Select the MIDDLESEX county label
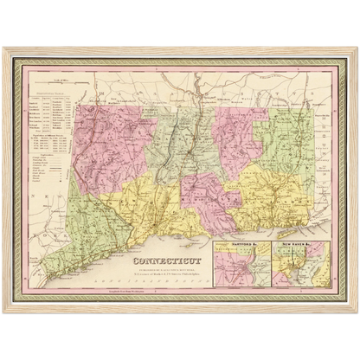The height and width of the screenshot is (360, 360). [x=206, y=195]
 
